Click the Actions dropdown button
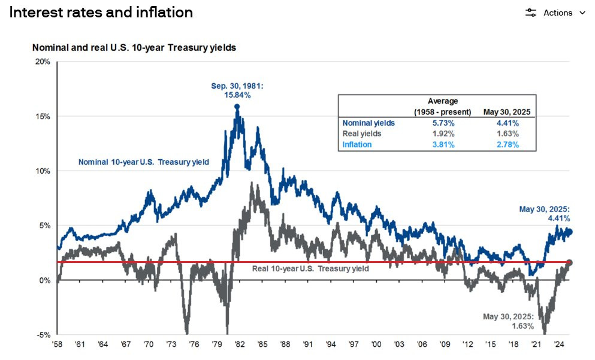click(555, 13)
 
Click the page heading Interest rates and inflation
click(101, 12)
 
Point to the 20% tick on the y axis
click(42, 62)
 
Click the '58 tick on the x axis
click(58, 345)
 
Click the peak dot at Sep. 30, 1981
click(237, 107)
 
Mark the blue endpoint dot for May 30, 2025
click(569, 232)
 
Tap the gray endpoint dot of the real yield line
click(569, 262)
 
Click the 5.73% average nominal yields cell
click(443, 123)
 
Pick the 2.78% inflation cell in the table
click(507, 144)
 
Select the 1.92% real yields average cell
click(443, 134)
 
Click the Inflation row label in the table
click(357, 144)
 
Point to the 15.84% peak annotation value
click(237, 95)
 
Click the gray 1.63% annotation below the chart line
click(506, 326)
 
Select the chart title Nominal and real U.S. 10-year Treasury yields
click(134, 47)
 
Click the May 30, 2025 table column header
click(507, 112)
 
